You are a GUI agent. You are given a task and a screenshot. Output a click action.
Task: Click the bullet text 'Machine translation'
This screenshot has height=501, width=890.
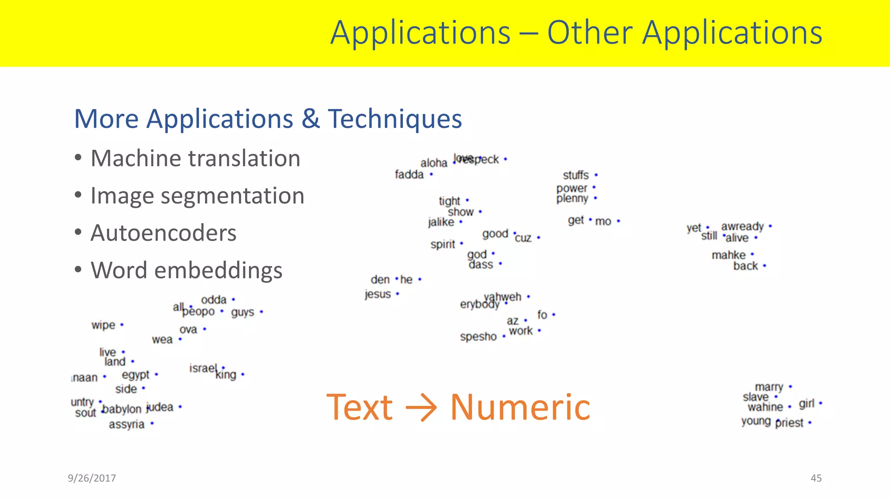(195, 158)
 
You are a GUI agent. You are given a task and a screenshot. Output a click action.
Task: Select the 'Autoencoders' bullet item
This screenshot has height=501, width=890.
(163, 233)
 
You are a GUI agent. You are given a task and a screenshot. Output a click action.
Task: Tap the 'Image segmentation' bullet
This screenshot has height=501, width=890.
(197, 196)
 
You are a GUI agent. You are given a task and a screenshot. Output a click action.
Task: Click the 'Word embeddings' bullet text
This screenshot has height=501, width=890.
(186, 271)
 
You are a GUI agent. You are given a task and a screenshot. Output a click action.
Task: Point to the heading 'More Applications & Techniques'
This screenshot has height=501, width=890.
(268, 119)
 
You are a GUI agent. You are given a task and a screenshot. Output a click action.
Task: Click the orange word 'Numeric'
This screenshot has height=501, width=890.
(520, 407)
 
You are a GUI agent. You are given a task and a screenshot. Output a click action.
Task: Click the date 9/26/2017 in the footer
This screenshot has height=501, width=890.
(92, 478)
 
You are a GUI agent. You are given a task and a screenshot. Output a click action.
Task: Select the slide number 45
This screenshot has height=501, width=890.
(816, 478)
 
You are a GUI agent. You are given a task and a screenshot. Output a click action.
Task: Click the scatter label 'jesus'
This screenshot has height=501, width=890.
(378, 294)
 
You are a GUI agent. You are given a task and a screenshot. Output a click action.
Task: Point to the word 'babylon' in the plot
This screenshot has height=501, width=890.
(122, 409)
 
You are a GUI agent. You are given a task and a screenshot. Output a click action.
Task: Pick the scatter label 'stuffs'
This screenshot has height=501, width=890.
(575, 175)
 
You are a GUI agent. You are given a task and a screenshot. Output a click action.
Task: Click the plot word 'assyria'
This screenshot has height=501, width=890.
(126, 424)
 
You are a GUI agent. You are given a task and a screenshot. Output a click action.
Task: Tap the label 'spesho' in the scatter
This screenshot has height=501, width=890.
(478, 337)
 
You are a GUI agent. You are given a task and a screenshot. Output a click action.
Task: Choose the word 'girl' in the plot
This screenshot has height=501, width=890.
(806, 404)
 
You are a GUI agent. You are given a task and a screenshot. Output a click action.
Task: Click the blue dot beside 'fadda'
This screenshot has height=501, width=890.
(431, 174)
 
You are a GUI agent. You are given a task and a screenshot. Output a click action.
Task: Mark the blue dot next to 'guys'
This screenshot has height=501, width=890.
(261, 312)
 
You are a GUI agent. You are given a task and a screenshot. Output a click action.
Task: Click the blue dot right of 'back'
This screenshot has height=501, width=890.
(764, 266)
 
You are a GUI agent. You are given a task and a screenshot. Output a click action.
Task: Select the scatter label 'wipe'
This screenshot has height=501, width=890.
(103, 325)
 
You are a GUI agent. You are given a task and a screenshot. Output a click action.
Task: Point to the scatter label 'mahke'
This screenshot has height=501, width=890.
(728, 255)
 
